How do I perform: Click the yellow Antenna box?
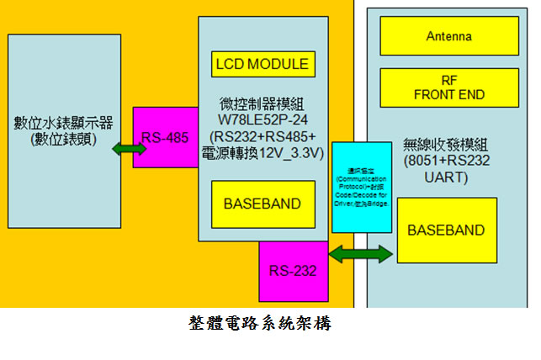point(449,36)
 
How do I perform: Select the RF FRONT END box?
point(449,87)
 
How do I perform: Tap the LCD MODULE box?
point(262,64)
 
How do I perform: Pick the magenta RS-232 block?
point(293,271)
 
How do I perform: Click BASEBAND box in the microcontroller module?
point(262,204)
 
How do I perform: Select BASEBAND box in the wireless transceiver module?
point(446,230)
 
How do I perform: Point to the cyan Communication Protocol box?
point(361,188)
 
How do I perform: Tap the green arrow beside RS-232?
point(362,252)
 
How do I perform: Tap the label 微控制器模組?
point(263,103)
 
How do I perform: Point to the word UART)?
point(446,178)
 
